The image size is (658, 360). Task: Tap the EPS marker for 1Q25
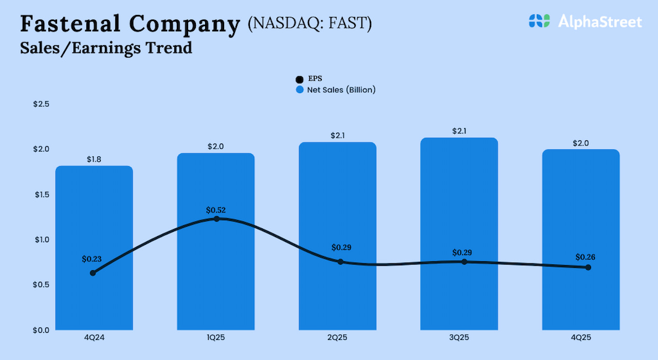pyautogui.click(x=216, y=219)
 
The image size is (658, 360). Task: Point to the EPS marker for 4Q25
pyautogui.click(x=588, y=267)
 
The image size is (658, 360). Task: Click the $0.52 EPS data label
pyautogui.click(x=216, y=210)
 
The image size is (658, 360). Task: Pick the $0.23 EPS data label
pyautogui.click(x=92, y=259)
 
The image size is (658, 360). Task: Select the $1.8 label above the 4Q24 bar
pyautogui.click(x=94, y=159)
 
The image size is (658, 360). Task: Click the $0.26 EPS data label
pyautogui.click(x=586, y=257)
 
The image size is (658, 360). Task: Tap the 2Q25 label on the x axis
pyautogui.click(x=338, y=338)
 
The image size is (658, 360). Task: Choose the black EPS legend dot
pyautogui.click(x=300, y=79)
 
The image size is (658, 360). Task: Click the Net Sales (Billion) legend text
pyautogui.click(x=341, y=90)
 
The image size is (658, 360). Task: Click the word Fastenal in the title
pyautogui.click(x=69, y=24)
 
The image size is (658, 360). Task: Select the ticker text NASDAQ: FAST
pyautogui.click(x=309, y=24)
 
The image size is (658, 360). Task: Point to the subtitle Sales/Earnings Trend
pyautogui.click(x=106, y=48)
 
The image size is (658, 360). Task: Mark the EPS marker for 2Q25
pyautogui.click(x=340, y=262)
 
